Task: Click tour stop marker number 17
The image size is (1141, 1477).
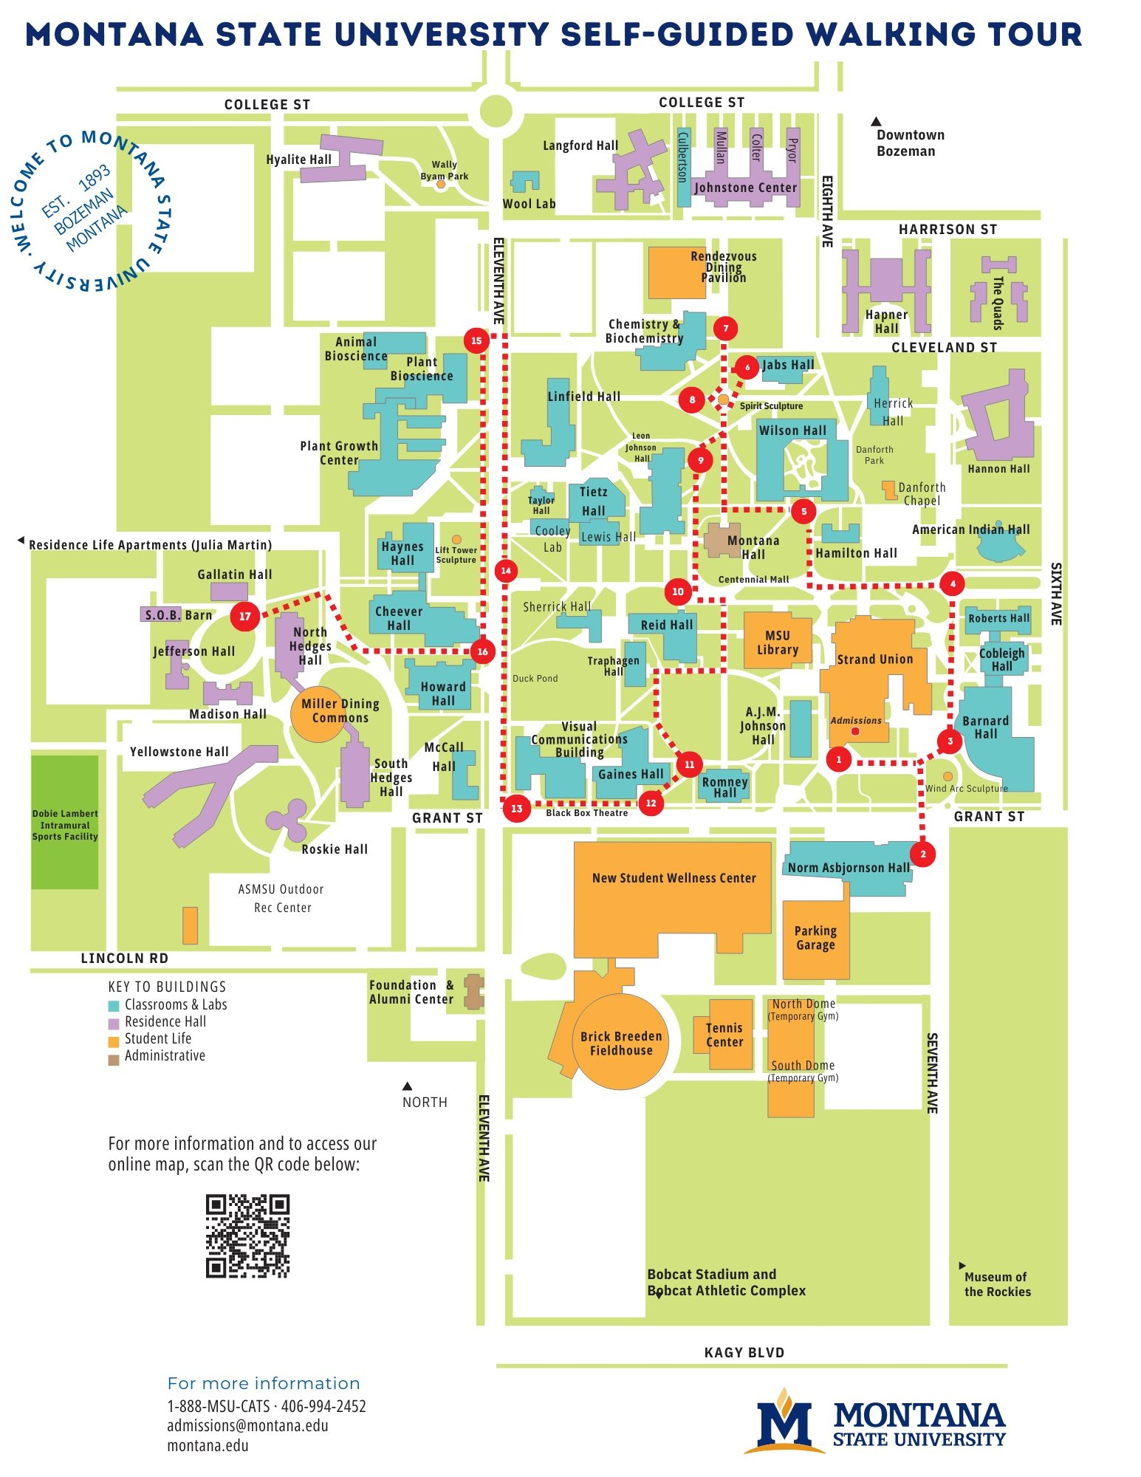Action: pos(244,616)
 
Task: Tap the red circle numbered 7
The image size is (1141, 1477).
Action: pos(725,328)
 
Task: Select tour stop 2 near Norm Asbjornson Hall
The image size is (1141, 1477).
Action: pos(922,854)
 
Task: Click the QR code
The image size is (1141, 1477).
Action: pos(247,1236)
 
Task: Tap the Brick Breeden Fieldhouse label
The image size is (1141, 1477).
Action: pos(620,1043)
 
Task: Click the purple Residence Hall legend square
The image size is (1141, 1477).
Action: pos(114,1023)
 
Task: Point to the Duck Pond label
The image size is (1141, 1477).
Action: pos(535,678)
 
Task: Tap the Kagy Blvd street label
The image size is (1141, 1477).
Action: pos(744,1352)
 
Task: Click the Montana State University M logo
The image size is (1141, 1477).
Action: pos(784,1422)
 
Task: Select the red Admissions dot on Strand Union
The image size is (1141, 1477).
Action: pos(855,731)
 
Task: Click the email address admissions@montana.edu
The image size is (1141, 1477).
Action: pos(247,1425)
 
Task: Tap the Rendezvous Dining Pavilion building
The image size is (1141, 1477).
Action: pos(676,273)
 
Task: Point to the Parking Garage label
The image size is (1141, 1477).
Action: pos(815,937)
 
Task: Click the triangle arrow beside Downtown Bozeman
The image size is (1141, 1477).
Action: pos(876,121)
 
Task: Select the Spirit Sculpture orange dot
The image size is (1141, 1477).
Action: pos(723,399)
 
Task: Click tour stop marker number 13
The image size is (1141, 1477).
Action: pos(516,808)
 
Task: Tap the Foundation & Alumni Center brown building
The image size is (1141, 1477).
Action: pos(473,992)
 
